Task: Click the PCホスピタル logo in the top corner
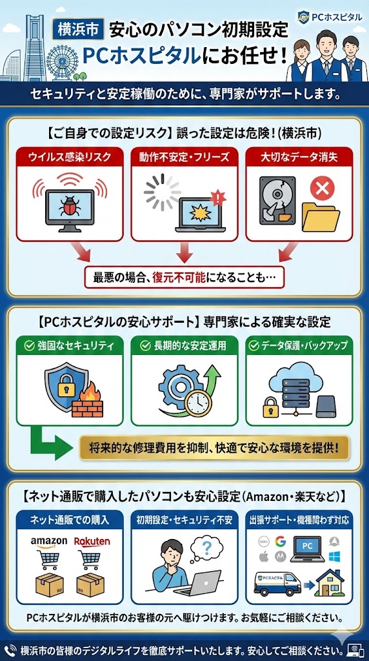(329, 16)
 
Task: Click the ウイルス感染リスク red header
(70, 158)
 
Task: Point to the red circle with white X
(323, 188)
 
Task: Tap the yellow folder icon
(321, 217)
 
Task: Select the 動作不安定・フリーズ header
(184, 158)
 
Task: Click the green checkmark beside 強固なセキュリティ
(30, 346)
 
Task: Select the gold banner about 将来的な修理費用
(214, 447)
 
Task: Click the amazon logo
(49, 542)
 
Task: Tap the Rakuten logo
(92, 540)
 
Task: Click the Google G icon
(280, 540)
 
